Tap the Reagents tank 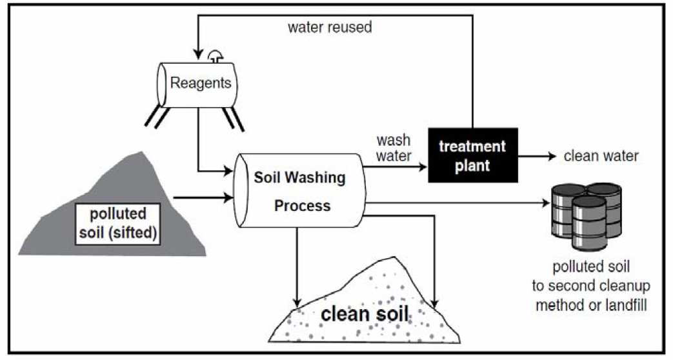[200, 83]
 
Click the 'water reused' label [329, 28]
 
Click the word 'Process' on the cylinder [302, 206]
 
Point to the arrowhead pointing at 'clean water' [552, 156]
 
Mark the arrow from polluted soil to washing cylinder [203, 194]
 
